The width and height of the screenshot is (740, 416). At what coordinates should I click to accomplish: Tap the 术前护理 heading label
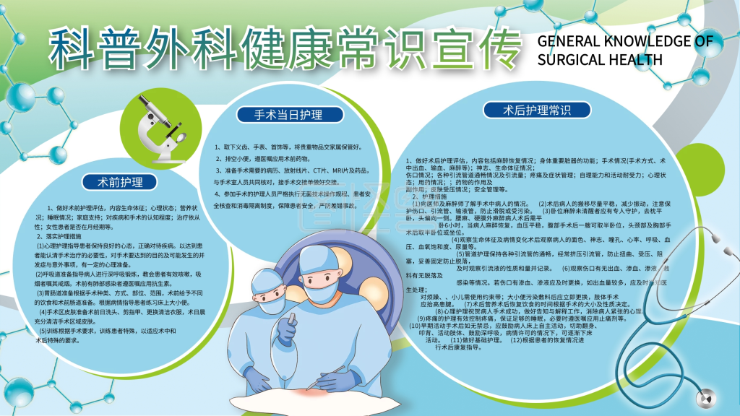click(117, 181)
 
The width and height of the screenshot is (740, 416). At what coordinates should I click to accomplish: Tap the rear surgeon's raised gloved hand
click(286, 329)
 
